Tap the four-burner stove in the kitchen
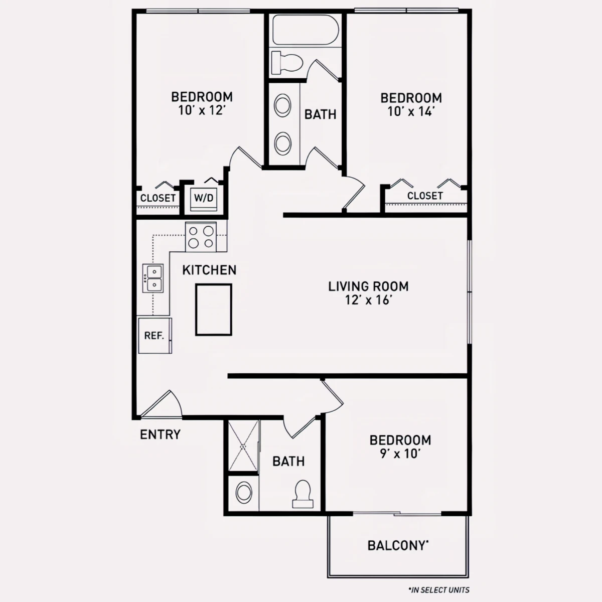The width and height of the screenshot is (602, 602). (x=201, y=237)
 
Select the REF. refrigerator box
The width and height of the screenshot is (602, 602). (x=155, y=336)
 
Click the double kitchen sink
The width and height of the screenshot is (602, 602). (x=153, y=278)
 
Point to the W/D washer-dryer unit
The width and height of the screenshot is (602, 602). (x=204, y=199)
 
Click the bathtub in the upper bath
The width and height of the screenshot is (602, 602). (x=305, y=30)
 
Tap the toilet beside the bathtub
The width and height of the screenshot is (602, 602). (x=287, y=63)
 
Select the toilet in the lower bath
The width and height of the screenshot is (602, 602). (x=303, y=494)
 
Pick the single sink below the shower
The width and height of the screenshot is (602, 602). (x=244, y=493)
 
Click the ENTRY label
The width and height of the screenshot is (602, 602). (x=160, y=434)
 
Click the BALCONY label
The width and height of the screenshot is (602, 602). (x=398, y=545)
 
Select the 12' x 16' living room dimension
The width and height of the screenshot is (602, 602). (x=369, y=300)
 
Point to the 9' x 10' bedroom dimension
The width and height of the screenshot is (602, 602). (x=400, y=454)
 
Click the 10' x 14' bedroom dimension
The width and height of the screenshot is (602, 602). (x=411, y=111)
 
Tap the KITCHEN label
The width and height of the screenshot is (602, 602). (x=209, y=270)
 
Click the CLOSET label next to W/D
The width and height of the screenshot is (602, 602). (x=158, y=198)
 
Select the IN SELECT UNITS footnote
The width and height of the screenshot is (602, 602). (x=439, y=590)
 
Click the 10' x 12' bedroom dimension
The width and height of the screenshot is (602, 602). (x=202, y=110)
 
